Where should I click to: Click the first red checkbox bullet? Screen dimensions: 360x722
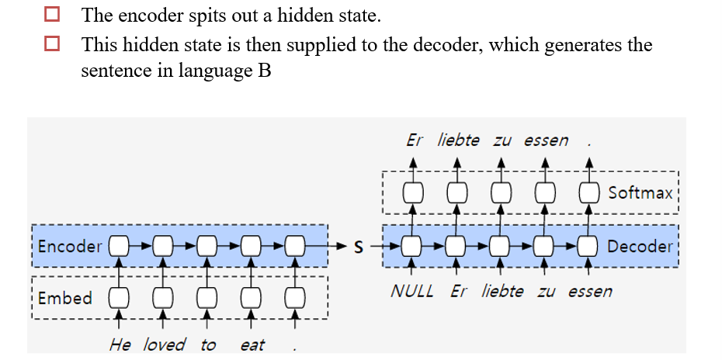(51, 14)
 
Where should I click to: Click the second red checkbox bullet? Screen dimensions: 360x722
(51, 44)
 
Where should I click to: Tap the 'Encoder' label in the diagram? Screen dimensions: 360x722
(70, 247)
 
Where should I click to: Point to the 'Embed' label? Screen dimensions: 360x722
(64, 298)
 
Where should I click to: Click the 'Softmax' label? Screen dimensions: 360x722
(640, 192)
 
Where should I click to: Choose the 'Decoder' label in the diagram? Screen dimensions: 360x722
(640, 247)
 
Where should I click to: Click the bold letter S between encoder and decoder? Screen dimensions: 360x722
(359, 247)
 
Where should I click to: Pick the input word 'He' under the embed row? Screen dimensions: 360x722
(120, 344)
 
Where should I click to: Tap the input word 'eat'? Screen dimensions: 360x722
(252, 344)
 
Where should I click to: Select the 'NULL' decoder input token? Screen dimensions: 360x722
(412, 292)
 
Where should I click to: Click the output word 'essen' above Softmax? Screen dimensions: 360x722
(546, 140)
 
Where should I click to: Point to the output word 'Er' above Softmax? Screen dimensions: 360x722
(415, 140)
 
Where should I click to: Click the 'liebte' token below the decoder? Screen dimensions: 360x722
(502, 292)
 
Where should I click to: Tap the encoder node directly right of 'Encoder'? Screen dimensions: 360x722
(119, 247)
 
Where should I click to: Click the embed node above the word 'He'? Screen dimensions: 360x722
(119, 298)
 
